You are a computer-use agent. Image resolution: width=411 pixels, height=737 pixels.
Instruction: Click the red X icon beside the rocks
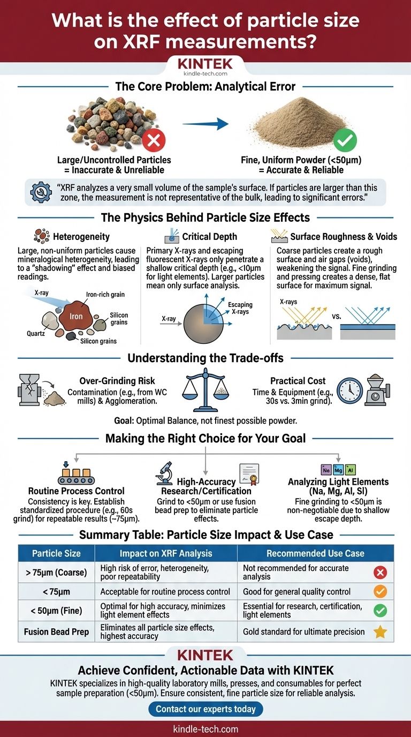[x=154, y=140]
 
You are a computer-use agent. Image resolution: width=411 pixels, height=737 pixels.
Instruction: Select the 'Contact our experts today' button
[x=205, y=709]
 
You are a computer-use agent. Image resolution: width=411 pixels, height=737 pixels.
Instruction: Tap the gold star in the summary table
[x=380, y=631]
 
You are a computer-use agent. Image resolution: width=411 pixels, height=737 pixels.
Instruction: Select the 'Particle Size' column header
[x=56, y=553]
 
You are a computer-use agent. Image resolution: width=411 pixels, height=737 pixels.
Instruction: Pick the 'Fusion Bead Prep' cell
[x=56, y=631]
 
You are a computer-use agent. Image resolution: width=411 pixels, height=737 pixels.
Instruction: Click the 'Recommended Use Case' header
[x=315, y=553]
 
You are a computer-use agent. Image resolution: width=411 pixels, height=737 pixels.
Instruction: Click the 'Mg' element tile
[x=338, y=469]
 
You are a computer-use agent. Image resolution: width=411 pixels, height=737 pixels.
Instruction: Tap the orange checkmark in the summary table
[x=380, y=592]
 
